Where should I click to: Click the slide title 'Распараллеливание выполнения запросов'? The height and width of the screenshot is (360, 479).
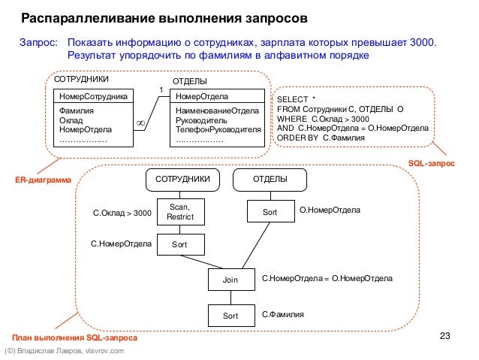point(163,17)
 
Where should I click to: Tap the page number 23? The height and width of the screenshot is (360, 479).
point(443,335)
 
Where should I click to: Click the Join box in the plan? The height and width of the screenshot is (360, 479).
point(230,280)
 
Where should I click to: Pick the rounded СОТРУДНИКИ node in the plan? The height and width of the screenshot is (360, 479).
point(182,180)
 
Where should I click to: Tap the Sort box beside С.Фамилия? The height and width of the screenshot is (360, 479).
point(230,316)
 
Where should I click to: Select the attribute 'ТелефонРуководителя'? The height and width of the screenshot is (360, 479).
point(217,129)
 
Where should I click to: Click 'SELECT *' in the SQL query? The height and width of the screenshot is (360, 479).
point(297,98)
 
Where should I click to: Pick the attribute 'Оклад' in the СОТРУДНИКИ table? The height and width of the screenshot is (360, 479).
point(71,119)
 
